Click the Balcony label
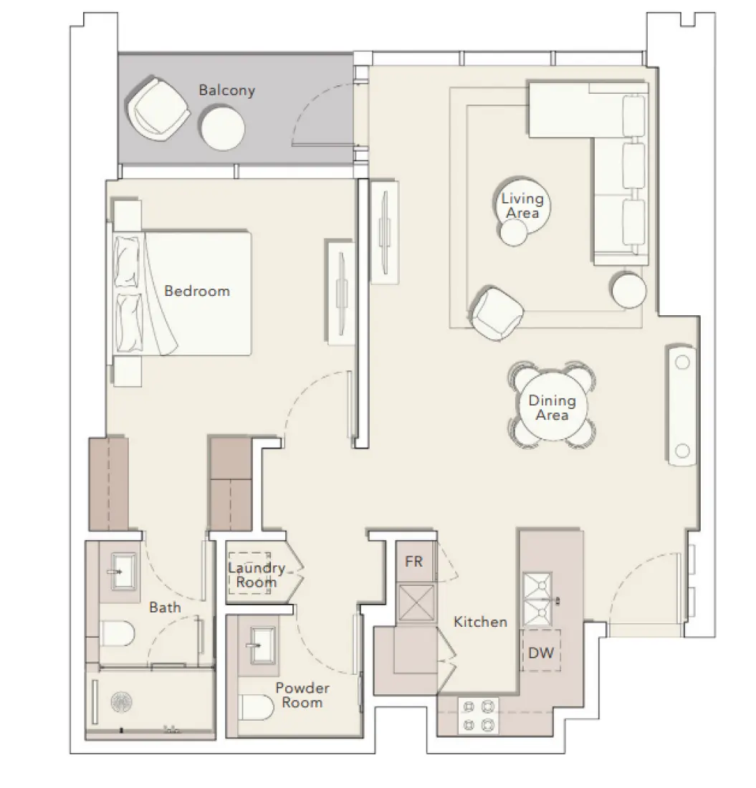pyautogui.click(x=226, y=91)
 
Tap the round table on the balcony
pyautogui.click(x=223, y=128)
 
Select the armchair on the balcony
pyautogui.click(x=158, y=110)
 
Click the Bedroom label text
pyautogui.click(x=197, y=291)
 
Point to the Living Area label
pyautogui.click(x=522, y=206)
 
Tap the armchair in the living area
pyautogui.click(x=497, y=313)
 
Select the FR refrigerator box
pyautogui.click(x=414, y=562)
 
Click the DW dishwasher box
pyautogui.click(x=540, y=652)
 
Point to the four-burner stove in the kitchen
pyautogui.click(x=479, y=716)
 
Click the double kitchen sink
pyautogui.click(x=537, y=599)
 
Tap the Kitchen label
pyautogui.click(x=480, y=622)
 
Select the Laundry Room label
pyautogui.click(x=256, y=575)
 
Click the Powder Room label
pyautogui.click(x=302, y=695)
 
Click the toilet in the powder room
pyautogui.click(x=257, y=707)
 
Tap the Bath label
pyautogui.click(x=165, y=607)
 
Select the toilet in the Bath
pyautogui.click(x=118, y=633)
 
